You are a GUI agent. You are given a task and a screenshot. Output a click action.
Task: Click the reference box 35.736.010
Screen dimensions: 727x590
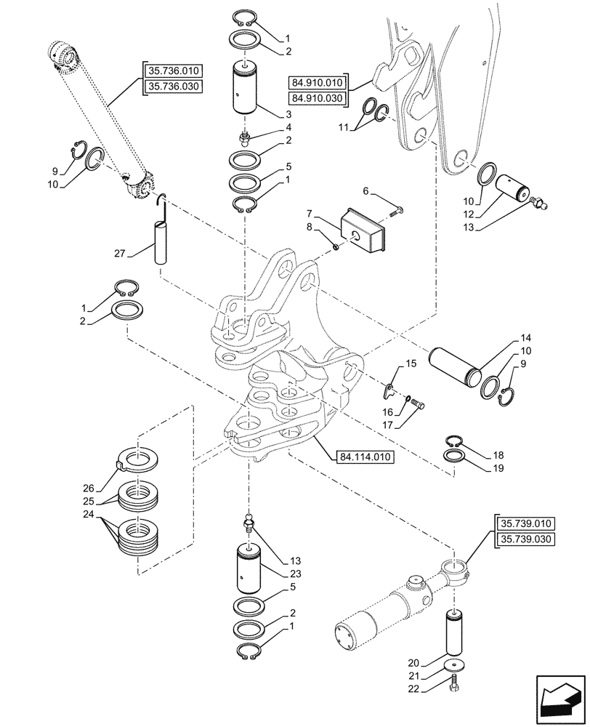[174, 71]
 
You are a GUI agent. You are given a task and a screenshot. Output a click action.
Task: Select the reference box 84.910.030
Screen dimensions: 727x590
[320, 97]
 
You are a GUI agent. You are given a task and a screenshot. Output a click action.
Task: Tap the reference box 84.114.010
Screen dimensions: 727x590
[364, 457]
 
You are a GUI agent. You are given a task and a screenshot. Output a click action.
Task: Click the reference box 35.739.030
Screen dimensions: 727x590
[525, 539]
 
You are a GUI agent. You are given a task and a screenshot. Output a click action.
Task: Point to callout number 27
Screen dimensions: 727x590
[120, 254]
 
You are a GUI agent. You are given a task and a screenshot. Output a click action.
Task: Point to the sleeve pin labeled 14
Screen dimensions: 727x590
[456, 369]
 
